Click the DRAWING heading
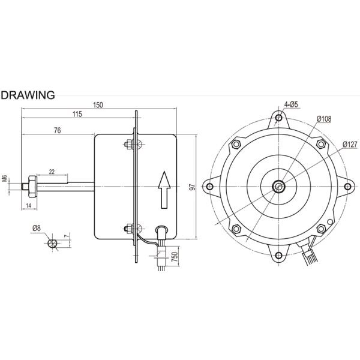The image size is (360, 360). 28,95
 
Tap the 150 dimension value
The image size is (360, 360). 98,105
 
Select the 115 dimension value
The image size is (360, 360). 77,114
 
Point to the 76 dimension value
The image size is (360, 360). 58,130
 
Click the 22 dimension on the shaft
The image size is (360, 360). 52,172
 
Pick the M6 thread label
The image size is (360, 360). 5,178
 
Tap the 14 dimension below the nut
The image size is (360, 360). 28,205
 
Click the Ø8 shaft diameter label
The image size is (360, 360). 37,228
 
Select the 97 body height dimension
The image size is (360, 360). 193,187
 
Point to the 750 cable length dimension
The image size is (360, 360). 175,257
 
